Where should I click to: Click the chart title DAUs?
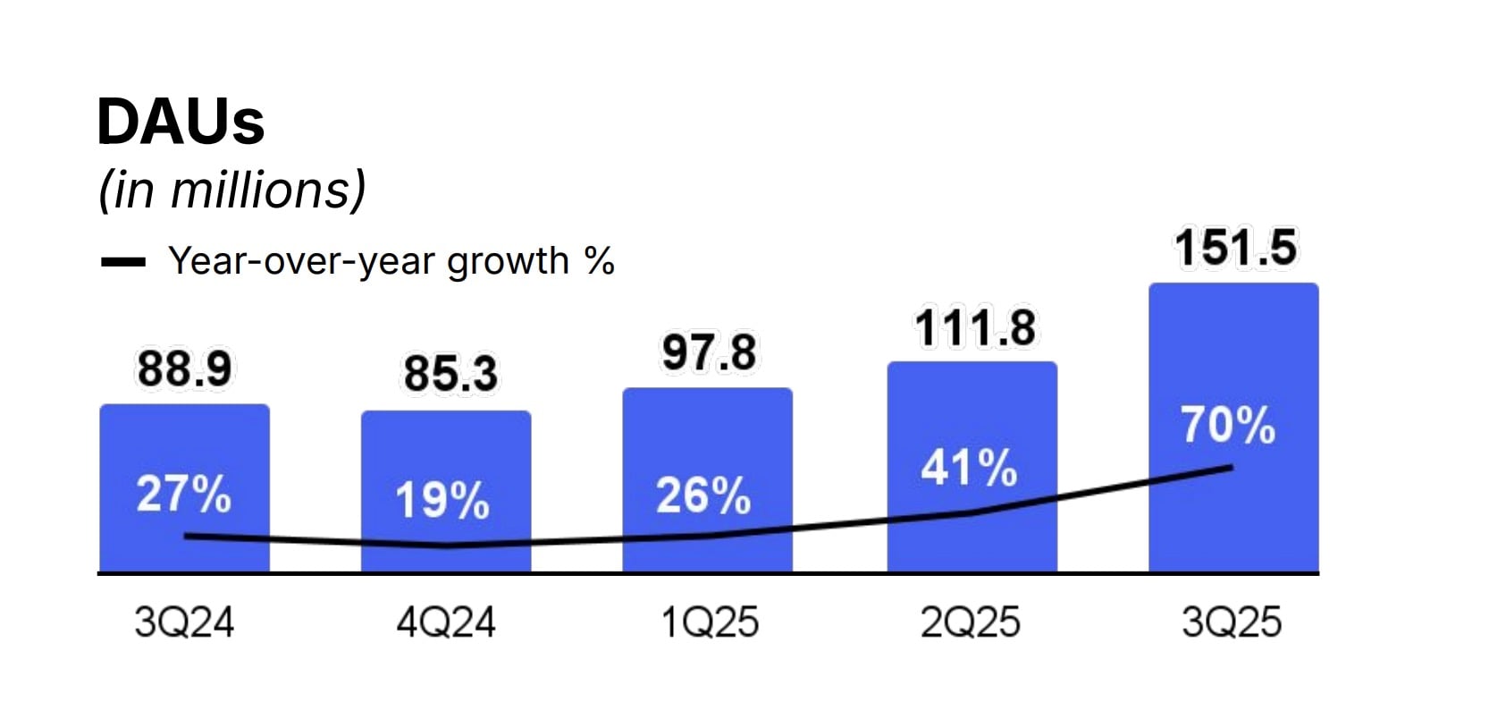pos(181,122)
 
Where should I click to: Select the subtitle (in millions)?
pos(232,190)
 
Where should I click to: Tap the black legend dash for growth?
pos(122,262)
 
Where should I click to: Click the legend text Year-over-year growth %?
pos(391,261)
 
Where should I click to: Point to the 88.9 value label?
pos(184,368)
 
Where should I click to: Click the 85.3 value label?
pos(450,373)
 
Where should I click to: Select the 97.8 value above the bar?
pos(709,352)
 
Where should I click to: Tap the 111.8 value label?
pos(974,327)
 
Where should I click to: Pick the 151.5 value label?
pos(1234,248)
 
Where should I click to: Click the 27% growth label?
pos(183,494)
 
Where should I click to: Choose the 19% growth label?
pos(442,500)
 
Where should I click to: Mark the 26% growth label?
pos(703,495)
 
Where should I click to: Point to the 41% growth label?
pos(970,468)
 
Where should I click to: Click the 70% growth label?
pos(1228,425)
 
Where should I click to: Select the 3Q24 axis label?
pos(184,622)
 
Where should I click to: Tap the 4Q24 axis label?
pos(446,622)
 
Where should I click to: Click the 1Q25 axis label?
pos(709,622)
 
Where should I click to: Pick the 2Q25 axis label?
pos(971,622)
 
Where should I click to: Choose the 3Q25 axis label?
pos(1232,622)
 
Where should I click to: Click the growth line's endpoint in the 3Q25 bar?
pos(1232,467)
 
